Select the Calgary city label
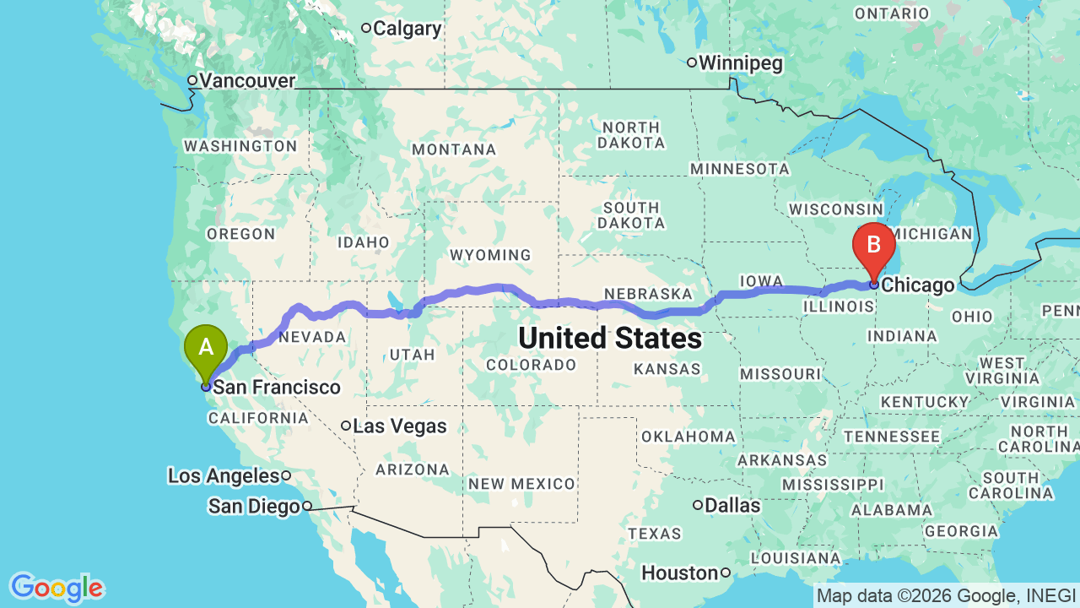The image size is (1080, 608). point(407,29)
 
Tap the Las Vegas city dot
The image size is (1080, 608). point(346,426)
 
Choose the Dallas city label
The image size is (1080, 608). point(732,506)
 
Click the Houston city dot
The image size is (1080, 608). point(725,573)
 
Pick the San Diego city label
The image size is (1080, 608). point(254,507)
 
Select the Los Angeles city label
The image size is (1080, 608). point(223,476)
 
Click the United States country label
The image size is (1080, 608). point(610,339)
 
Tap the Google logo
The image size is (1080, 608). point(57,588)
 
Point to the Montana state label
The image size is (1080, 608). point(454,149)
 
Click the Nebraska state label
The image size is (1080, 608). point(648,294)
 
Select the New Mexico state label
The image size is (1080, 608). point(521,484)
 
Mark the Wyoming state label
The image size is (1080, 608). point(490,255)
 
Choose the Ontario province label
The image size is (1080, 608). point(892,14)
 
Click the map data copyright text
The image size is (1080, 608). point(946,596)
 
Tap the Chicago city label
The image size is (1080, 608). point(919,285)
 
